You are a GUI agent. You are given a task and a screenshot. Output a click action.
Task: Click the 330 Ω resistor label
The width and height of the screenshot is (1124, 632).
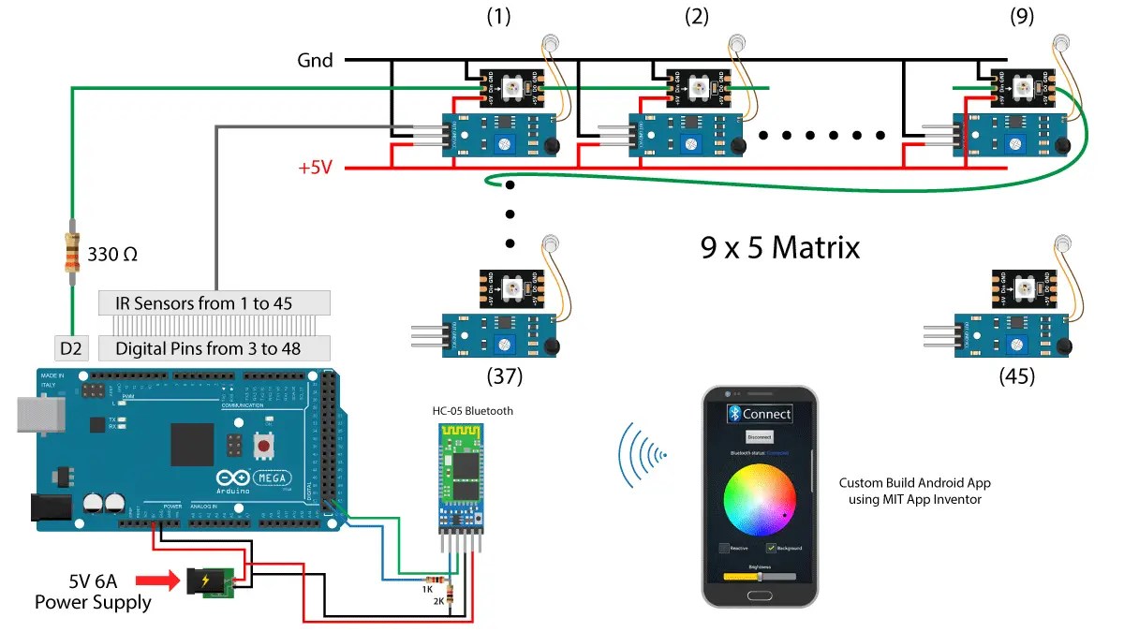pos(114,254)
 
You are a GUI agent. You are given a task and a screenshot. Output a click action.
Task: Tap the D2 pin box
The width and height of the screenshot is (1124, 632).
pos(71,349)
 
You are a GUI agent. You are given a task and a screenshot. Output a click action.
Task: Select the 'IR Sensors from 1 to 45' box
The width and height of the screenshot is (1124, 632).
pos(214,302)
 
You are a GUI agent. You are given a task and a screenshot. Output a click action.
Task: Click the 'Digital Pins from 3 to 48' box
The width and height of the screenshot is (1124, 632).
pos(214,349)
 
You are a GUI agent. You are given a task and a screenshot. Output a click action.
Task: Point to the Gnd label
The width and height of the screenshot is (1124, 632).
pos(315,60)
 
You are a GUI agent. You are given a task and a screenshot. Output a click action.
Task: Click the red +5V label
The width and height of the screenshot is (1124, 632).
pos(316,169)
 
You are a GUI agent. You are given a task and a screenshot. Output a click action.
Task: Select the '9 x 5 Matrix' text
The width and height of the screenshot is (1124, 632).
pos(779,248)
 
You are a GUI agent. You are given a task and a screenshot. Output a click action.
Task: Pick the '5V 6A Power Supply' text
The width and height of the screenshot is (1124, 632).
pos(93,592)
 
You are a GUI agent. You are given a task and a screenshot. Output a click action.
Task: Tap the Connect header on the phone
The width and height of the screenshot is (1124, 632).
pos(760,413)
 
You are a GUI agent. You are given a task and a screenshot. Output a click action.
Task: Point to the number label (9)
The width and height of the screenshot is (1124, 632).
pos(1022,17)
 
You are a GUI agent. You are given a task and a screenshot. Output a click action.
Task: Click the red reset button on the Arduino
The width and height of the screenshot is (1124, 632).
pos(264,447)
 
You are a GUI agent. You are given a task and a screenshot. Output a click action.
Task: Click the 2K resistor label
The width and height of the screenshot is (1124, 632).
pos(438,601)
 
